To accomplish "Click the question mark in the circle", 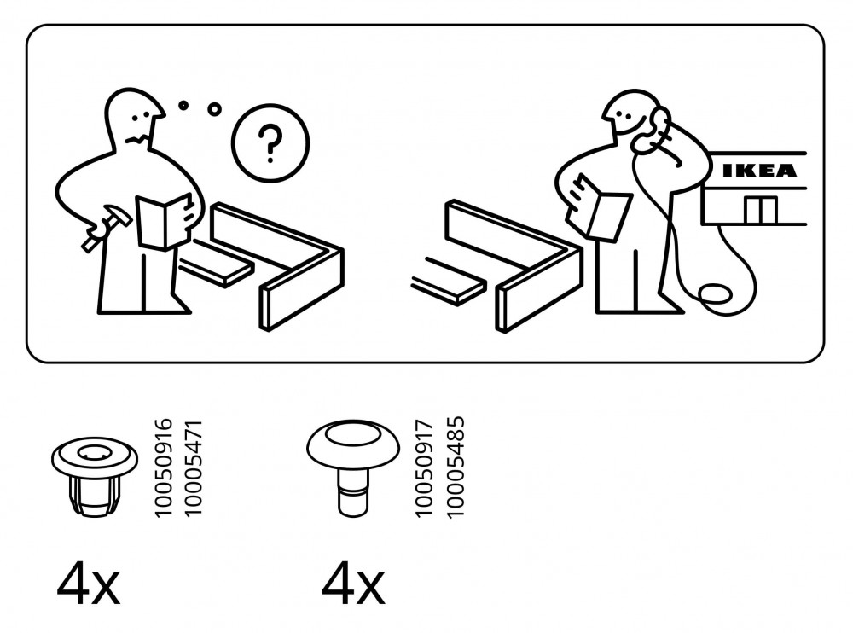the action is [x=270, y=143].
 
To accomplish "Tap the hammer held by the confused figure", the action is [x=106, y=227].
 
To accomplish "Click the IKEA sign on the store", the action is [x=759, y=171].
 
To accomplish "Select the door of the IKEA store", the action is [x=761, y=210].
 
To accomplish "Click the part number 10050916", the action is [x=163, y=468].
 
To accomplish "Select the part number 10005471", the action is [x=193, y=468].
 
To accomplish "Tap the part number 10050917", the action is [x=424, y=468].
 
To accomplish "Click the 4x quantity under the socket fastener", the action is [x=88, y=584].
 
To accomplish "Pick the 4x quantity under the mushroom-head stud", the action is [x=353, y=584].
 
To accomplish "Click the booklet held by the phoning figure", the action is [x=597, y=206].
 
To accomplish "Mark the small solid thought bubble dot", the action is [x=184, y=105].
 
